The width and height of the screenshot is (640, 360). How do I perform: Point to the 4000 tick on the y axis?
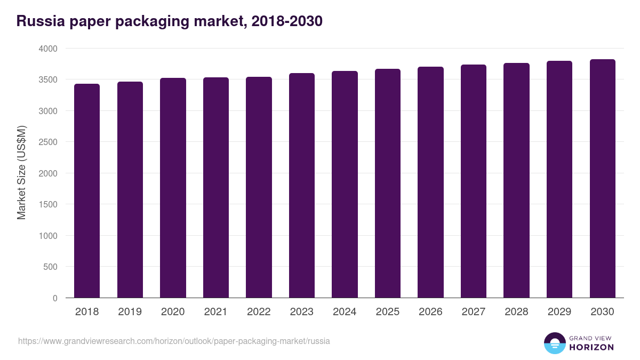pyautogui.click(x=47, y=49)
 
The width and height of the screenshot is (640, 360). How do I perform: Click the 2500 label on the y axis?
pyautogui.click(x=47, y=142)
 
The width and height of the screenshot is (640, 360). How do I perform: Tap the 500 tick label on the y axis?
pyautogui.click(x=51, y=267)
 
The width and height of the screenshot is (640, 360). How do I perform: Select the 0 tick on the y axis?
pyautogui.click(x=55, y=299)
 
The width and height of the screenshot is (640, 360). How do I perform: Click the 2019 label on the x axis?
pyautogui.click(x=130, y=312)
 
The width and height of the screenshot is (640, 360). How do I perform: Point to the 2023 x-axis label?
pyautogui.click(x=302, y=312)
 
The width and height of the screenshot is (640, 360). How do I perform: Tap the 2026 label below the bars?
pyautogui.click(x=430, y=312)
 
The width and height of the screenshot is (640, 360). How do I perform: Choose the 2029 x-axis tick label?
pyautogui.click(x=559, y=312)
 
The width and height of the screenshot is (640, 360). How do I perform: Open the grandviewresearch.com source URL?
pyautogui.click(x=174, y=341)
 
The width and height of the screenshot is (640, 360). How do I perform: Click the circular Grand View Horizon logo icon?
pyautogui.click(x=555, y=343)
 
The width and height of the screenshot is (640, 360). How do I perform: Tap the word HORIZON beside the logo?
pyautogui.click(x=591, y=347)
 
